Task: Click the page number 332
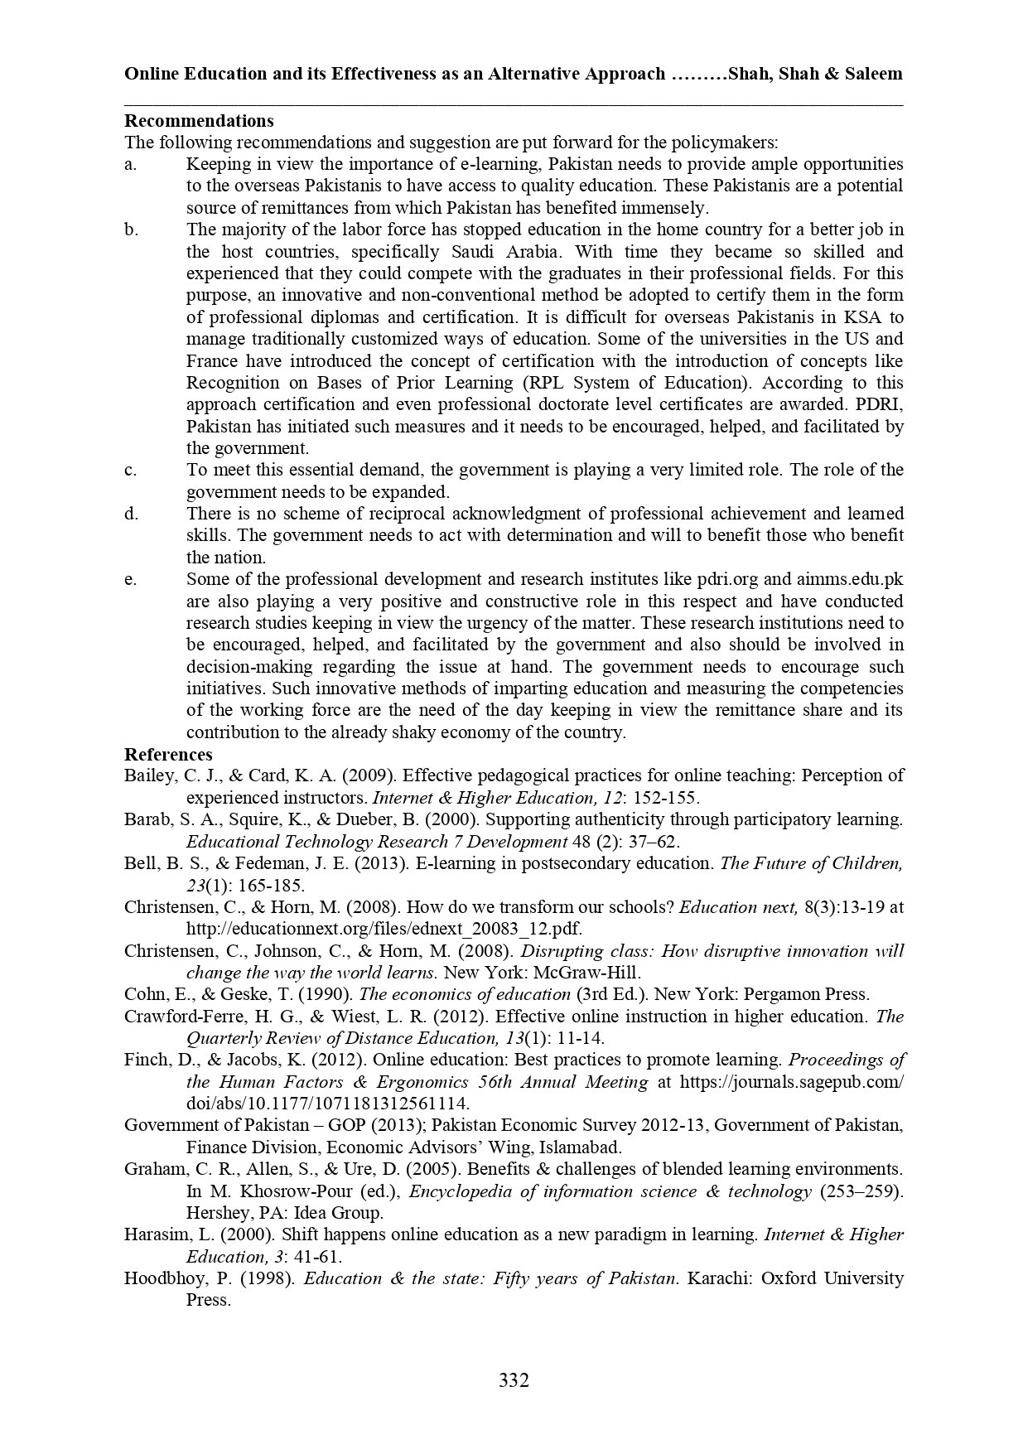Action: click(x=514, y=1380)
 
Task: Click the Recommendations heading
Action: click(x=199, y=121)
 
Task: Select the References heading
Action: click(x=168, y=754)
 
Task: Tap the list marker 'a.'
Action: click(x=131, y=164)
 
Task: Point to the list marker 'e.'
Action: click(x=131, y=579)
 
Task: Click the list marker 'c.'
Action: click(x=131, y=470)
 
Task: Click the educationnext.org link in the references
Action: click(x=389, y=929)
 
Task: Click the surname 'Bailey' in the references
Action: click(x=147, y=775)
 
